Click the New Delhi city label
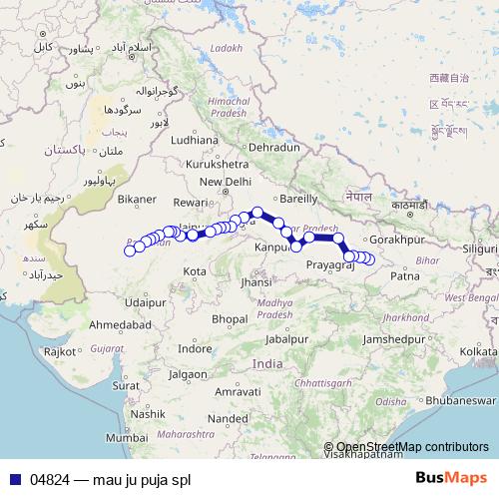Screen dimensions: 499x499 click(x=225, y=182)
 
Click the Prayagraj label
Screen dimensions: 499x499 click(x=330, y=265)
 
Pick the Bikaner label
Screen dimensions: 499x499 click(x=137, y=199)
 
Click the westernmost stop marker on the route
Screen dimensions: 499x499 click(x=129, y=250)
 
